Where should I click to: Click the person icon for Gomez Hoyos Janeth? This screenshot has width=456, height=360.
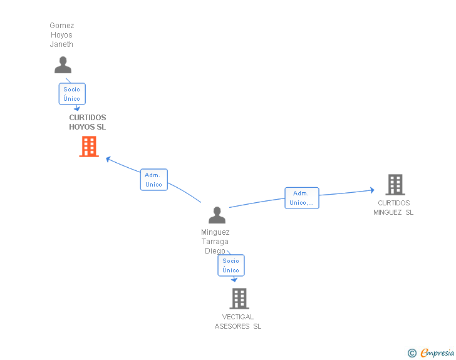(x=63, y=65)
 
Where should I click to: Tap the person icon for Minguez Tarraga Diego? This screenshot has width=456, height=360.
(x=217, y=215)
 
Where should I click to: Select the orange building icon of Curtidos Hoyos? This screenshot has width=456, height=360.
(x=89, y=147)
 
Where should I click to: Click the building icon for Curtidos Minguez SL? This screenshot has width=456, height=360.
(x=395, y=185)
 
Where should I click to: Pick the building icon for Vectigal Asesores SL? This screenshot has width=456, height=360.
(x=239, y=299)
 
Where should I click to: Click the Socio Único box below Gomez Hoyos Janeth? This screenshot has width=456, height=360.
(x=72, y=94)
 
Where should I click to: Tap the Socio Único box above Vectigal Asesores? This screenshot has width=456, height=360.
(x=231, y=265)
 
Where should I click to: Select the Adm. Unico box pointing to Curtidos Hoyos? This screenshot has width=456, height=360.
(x=154, y=180)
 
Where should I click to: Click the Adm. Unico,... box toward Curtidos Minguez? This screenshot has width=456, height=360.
(x=302, y=198)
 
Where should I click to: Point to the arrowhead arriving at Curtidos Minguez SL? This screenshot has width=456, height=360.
(x=372, y=190)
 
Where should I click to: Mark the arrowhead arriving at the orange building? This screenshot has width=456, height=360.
(x=108, y=159)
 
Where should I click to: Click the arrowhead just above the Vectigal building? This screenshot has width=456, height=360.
(x=234, y=280)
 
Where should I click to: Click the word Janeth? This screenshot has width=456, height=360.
(x=61, y=44)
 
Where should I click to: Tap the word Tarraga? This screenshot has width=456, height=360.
(x=215, y=242)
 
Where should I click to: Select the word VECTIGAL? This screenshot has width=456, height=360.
(x=238, y=317)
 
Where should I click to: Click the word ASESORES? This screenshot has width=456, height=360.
(x=232, y=326)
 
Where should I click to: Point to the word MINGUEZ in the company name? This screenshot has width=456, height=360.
(x=388, y=212)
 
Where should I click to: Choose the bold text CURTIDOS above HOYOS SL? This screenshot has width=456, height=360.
(x=88, y=118)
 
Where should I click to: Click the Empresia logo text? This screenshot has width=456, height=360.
(x=437, y=352)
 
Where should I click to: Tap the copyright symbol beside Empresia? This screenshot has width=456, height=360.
(x=412, y=353)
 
